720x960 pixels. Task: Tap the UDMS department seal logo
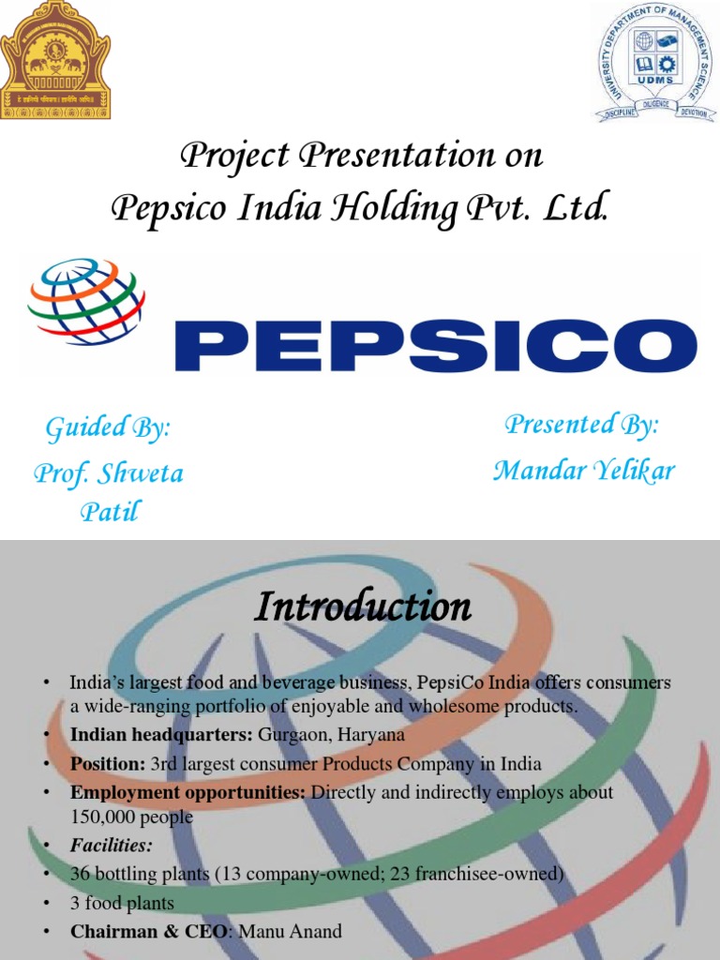click(x=652, y=61)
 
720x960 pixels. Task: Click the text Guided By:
click(x=109, y=428)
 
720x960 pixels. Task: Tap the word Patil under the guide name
click(x=110, y=513)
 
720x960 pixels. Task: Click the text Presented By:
click(x=582, y=425)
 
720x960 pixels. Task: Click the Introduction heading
click(x=363, y=607)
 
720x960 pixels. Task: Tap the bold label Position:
click(x=108, y=763)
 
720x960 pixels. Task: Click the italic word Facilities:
click(x=111, y=846)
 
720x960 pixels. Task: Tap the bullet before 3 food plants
click(x=45, y=904)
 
